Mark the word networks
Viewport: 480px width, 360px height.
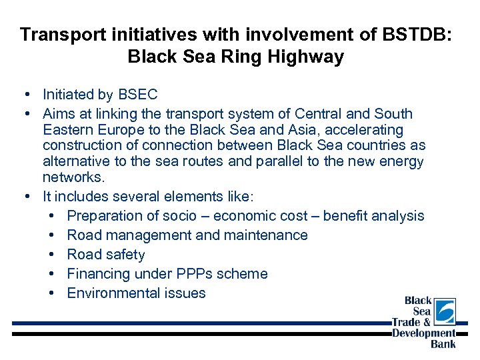tap(73, 177)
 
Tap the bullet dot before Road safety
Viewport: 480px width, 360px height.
tap(53, 255)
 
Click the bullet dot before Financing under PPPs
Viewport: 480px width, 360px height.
tap(53, 274)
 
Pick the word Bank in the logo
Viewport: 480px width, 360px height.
tap(443, 344)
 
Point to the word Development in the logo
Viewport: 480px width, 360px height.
tap(424, 333)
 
